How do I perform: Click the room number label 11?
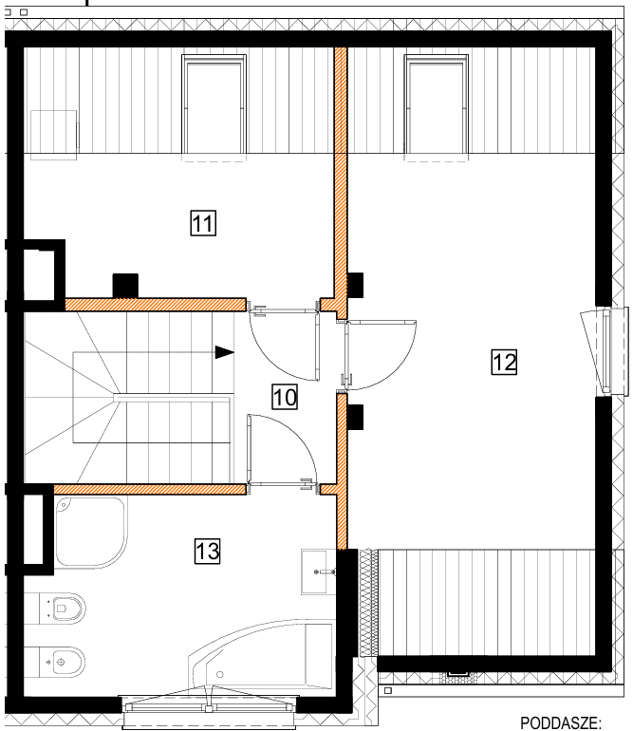(203, 223)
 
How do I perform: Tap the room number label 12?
(504, 362)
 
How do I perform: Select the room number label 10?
(285, 397)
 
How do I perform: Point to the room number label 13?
(207, 551)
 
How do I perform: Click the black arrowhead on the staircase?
(224, 352)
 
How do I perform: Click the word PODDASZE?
(561, 723)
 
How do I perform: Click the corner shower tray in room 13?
(91, 532)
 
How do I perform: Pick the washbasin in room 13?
(318, 572)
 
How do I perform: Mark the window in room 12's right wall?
(605, 351)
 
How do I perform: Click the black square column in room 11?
(125, 286)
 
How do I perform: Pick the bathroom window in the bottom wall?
(209, 707)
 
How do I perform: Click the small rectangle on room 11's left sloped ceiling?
(53, 135)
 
